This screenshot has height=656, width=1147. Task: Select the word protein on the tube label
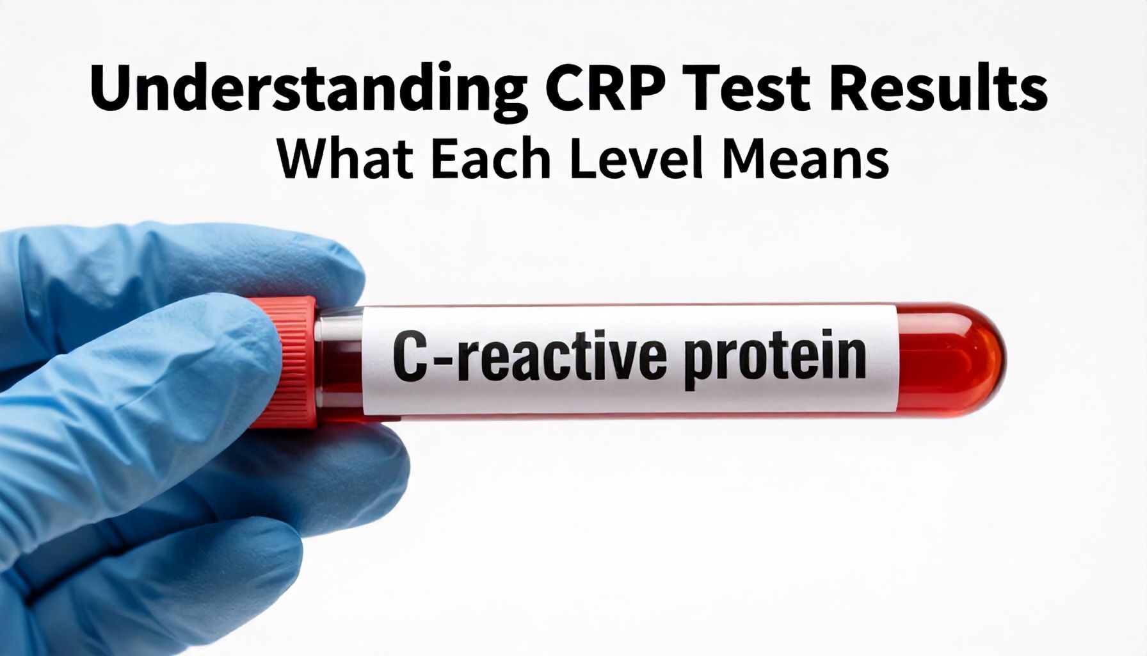(x=775, y=359)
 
